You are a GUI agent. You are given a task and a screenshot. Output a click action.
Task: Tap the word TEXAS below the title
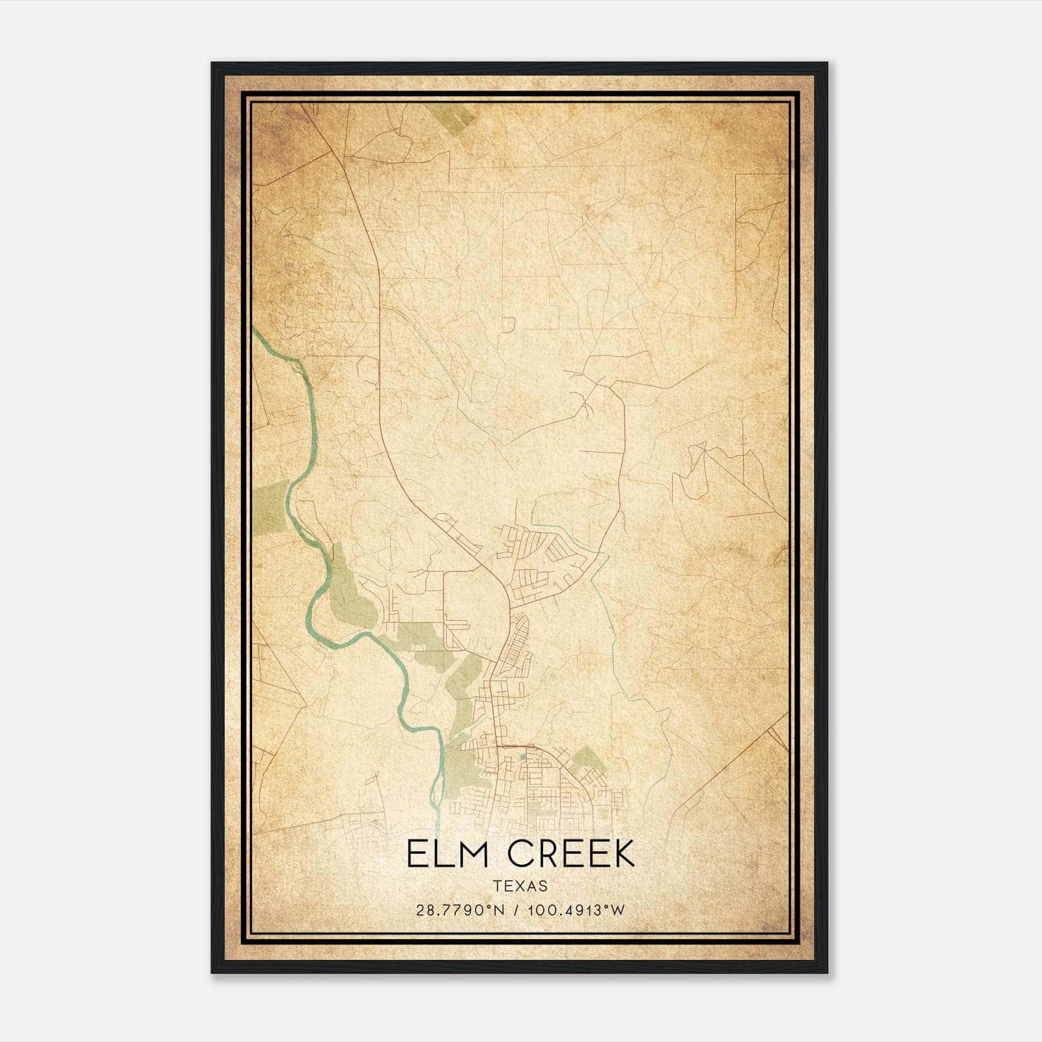point(520,886)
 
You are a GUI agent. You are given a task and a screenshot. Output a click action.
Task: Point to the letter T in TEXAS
point(497,886)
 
